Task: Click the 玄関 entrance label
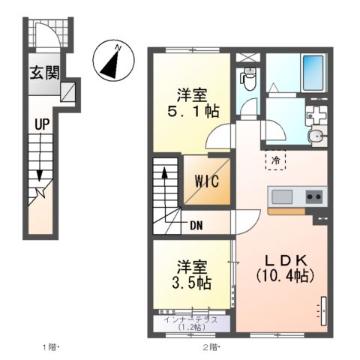[45, 73]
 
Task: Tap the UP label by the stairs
[42, 124]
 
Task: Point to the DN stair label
[196, 226]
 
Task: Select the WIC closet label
[207, 181]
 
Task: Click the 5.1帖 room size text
[193, 112]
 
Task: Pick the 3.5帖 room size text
[192, 283]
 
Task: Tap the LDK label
[286, 261]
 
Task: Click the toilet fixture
[248, 79]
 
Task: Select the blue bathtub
[313, 73]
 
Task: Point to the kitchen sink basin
[282, 196]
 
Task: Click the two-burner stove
[314, 196]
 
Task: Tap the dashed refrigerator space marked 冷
[275, 160]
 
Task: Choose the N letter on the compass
[118, 48]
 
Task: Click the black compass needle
[109, 64]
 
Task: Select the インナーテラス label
[190, 320]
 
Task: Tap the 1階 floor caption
[49, 347]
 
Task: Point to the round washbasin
[317, 136]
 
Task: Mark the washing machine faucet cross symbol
[317, 115]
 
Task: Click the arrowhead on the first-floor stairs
[39, 175]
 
